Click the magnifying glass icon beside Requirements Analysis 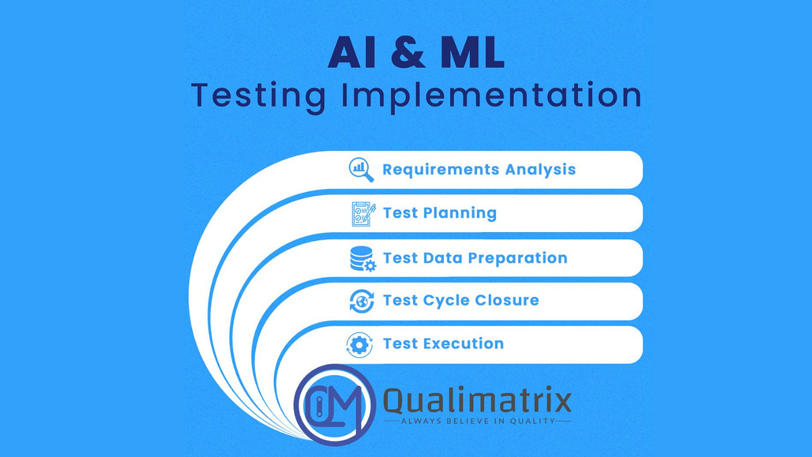pyautogui.click(x=361, y=169)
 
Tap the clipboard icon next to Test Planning pyautogui.click(x=362, y=213)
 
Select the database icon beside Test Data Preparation pyautogui.click(x=362, y=259)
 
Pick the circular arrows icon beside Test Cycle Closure pyautogui.click(x=361, y=301)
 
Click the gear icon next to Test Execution pyautogui.click(x=359, y=345)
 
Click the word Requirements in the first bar pyautogui.click(x=430, y=169)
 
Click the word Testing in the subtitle pyautogui.click(x=259, y=96)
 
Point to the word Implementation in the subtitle pyautogui.click(x=493, y=96)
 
